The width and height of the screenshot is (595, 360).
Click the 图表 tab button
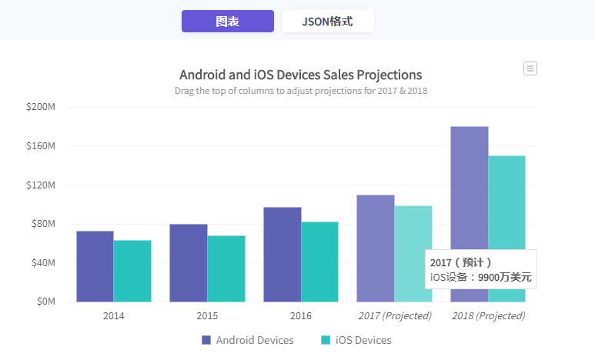point(227,22)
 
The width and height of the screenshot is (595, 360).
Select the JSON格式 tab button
point(327,22)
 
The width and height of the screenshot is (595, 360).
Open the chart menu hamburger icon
point(530,68)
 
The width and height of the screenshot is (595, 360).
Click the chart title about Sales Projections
point(300,75)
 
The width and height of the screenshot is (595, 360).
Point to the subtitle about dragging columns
point(300,91)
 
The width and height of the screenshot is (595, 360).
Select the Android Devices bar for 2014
point(95,266)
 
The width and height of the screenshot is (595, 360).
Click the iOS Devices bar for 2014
point(132,271)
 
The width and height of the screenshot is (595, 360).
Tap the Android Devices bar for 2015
point(189,263)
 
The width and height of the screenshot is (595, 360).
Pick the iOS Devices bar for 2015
point(226,268)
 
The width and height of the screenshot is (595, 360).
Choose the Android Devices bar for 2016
point(282,255)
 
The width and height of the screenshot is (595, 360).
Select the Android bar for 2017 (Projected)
point(376,248)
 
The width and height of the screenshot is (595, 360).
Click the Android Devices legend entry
point(247,340)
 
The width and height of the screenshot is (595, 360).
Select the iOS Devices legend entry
point(356,340)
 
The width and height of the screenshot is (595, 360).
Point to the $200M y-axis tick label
point(41,107)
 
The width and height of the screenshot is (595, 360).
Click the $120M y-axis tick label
point(41,185)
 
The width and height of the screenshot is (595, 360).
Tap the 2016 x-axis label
point(301,316)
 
